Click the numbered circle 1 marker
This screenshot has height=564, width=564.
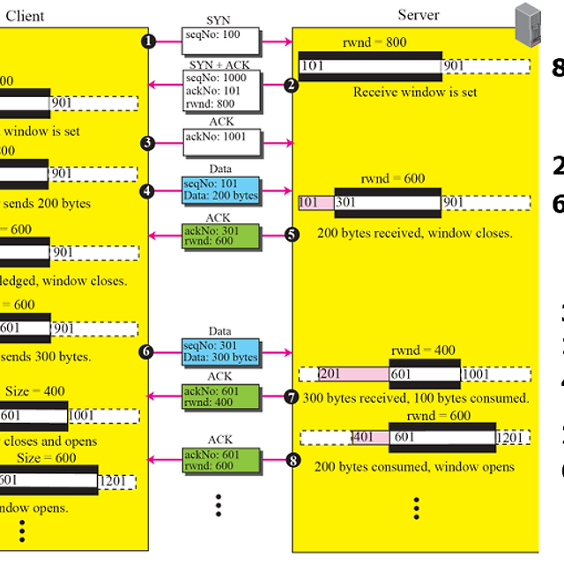(149, 41)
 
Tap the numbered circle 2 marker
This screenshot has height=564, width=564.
(292, 85)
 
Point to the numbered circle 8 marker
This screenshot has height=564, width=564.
(292, 459)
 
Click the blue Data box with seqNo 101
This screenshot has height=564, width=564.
(220, 189)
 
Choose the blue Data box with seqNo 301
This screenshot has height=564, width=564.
(220, 352)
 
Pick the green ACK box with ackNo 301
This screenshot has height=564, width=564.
(220, 237)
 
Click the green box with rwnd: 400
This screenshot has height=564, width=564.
(220, 397)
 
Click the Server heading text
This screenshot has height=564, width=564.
(418, 14)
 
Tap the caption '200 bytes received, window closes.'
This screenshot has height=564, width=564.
(414, 234)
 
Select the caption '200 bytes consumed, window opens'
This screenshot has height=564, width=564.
(414, 466)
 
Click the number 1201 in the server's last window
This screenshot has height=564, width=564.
(510, 437)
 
